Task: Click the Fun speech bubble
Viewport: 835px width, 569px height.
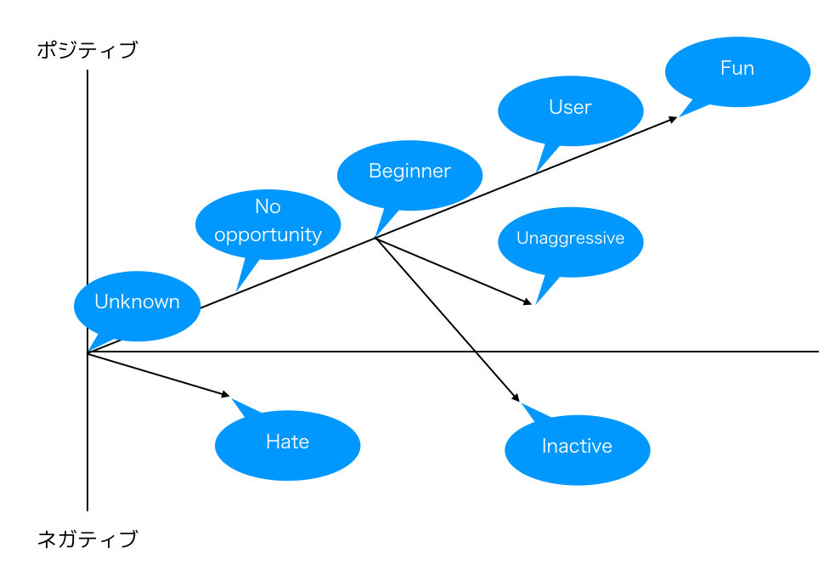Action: point(737,70)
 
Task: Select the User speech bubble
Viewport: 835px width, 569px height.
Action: point(570,110)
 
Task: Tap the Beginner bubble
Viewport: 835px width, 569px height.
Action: point(409,174)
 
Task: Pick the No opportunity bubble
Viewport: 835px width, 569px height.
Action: point(268,223)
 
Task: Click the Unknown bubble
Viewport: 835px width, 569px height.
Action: point(137,305)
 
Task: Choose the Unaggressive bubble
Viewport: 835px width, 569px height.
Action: point(570,241)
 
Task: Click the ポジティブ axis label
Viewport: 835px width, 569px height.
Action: point(87,50)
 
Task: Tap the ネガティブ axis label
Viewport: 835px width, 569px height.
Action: point(87,538)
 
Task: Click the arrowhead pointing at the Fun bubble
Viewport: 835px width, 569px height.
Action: point(674,118)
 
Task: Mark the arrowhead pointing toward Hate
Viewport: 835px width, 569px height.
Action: point(227,395)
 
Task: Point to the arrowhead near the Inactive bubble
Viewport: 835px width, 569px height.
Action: point(516,397)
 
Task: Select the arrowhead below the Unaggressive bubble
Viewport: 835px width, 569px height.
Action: point(528,301)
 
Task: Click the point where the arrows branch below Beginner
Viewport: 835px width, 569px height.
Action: point(375,239)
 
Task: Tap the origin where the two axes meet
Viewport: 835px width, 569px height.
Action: point(87,352)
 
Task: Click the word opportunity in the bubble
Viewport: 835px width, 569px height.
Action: point(268,235)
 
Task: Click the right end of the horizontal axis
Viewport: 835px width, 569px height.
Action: point(817,351)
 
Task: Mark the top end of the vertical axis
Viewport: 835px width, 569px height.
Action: point(87,71)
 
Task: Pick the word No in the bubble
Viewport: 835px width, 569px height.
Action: point(268,207)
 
